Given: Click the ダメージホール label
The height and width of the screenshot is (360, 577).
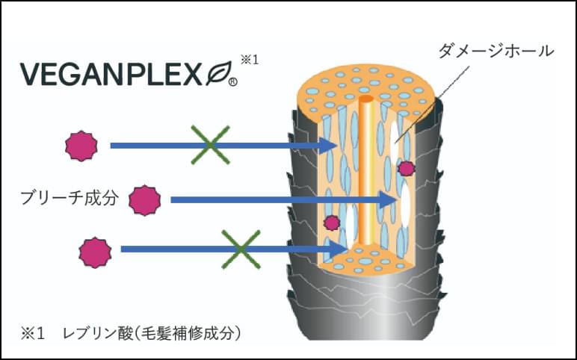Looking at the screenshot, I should point(498,52).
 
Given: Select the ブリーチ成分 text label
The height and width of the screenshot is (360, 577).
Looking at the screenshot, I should point(69,199).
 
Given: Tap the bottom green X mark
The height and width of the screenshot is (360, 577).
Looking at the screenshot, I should point(240,249).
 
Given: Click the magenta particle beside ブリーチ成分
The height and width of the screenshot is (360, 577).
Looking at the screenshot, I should point(144,199).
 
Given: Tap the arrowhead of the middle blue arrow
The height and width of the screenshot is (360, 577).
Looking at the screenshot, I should point(389,199).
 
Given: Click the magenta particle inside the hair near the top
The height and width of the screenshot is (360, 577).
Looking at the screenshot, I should point(406,168).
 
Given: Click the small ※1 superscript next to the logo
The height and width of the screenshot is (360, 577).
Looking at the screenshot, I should point(249,58).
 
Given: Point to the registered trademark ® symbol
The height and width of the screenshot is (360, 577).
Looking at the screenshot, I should point(232,83).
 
